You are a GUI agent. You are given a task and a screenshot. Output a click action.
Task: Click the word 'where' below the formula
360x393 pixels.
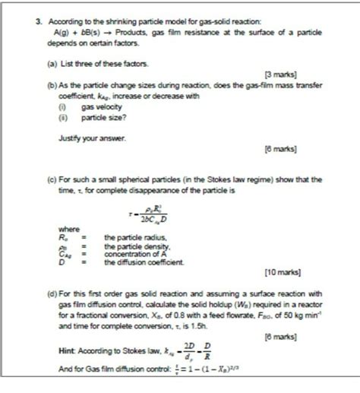pyautogui.click(x=69, y=229)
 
